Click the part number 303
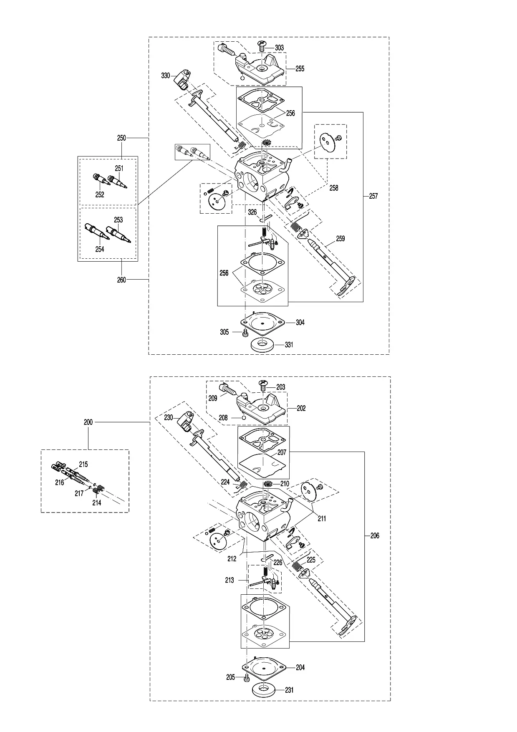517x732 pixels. [x=279, y=48]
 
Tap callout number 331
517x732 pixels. [x=289, y=345]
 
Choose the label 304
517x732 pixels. [x=300, y=322]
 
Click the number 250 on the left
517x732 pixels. [x=121, y=138]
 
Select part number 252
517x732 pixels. [x=99, y=194]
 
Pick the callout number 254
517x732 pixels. [x=99, y=249]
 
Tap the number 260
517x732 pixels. [x=121, y=280]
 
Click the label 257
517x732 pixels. [x=373, y=196]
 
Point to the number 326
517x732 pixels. [x=252, y=212]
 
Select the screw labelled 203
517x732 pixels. [x=263, y=385]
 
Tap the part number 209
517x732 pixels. [x=213, y=398]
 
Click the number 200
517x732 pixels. [x=88, y=422]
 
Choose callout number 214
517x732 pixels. [x=96, y=503]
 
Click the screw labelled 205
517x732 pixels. [x=246, y=678]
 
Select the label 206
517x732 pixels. [x=375, y=535]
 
